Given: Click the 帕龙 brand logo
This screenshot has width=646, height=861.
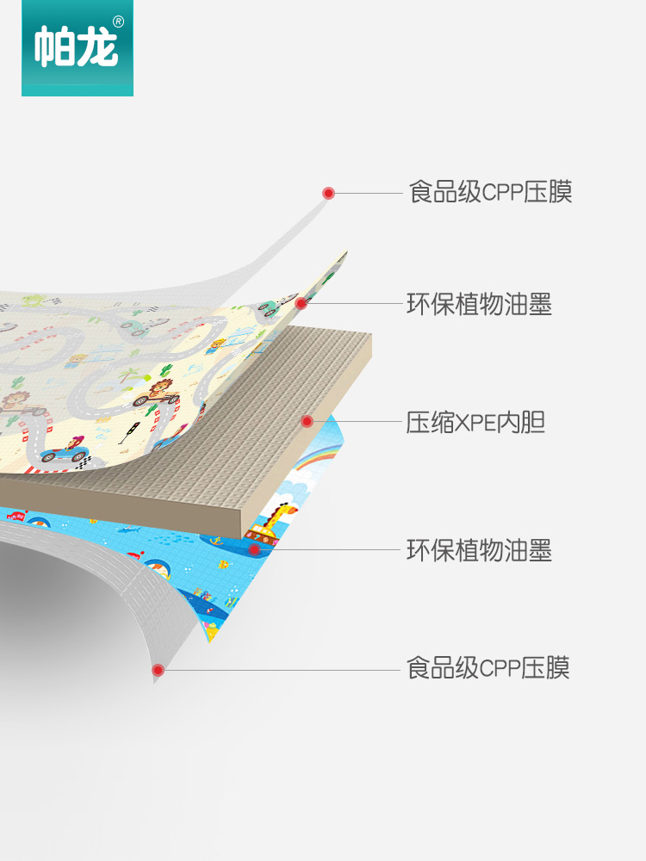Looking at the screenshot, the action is click(x=77, y=47).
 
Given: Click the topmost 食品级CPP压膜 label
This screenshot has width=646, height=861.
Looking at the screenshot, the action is click(x=490, y=191).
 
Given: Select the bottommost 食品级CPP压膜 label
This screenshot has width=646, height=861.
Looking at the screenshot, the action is click(x=488, y=667).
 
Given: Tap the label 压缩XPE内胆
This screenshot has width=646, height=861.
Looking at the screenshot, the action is click(x=475, y=422).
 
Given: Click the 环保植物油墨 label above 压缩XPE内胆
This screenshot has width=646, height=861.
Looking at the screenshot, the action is click(x=479, y=304).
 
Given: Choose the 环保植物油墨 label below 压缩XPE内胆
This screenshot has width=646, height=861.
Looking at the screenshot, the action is click(x=479, y=550).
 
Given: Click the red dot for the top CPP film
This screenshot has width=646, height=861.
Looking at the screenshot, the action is click(x=328, y=193).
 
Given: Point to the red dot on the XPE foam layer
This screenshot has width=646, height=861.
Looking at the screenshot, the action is click(x=307, y=421).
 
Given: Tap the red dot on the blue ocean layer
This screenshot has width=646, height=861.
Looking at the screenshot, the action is click(x=253, y=548).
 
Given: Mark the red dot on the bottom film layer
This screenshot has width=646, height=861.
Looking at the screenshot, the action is click(x=158, y=669).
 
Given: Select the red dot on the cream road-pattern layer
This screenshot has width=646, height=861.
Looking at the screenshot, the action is click(x=301, y=303).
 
